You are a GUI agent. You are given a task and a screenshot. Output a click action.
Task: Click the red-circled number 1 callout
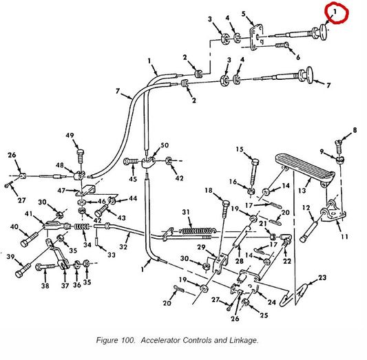[335, 12]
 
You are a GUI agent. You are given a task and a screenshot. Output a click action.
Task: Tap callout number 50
[165, 145]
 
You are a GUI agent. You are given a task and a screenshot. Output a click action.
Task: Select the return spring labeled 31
[197, 231]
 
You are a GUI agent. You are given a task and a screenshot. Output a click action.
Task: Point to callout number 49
[70, 136]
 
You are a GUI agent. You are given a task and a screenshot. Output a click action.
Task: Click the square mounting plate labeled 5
[256, 37]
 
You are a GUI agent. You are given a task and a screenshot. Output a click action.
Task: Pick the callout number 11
[344, 237]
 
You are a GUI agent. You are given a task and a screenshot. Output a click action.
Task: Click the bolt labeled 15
[253, 172]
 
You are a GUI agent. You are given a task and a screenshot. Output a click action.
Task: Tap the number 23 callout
[322, 277]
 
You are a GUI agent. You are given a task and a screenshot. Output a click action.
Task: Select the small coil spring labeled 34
[82, 226]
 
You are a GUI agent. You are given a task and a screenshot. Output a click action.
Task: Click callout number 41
[28, 213]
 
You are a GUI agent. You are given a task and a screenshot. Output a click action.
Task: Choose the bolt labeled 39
[23, 270]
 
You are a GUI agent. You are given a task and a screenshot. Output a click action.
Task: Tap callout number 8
[355, 130]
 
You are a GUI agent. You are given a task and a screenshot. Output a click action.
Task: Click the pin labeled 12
[308, 231]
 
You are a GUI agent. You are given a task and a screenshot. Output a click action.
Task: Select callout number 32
[123, 247]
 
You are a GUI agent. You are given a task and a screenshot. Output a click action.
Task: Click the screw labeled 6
[282, 45]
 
